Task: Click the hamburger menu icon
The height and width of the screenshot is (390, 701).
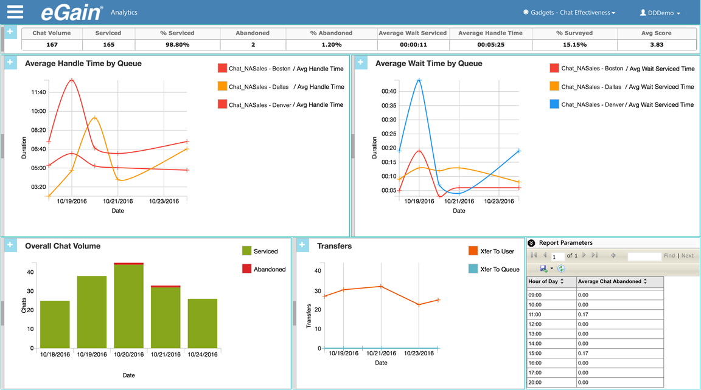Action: click(x=15, y=12)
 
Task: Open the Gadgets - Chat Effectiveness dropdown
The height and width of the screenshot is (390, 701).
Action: click(x=569, y=13)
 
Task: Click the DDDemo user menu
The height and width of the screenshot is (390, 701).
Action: click(x=660, y=13)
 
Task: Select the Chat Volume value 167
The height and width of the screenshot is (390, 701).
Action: click(x=51, y=44)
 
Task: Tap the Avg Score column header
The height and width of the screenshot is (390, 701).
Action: click(x=656, y=33)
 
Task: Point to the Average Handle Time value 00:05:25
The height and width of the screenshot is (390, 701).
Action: click(x=490, y=44)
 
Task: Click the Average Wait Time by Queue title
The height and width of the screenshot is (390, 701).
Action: click(x=428, y=63)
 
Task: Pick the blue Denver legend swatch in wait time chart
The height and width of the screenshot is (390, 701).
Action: click(x=554, y=104)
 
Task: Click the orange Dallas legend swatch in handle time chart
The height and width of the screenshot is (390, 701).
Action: click(x=223, y=87)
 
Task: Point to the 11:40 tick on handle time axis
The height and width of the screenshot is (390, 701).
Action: click(x=38, y=92)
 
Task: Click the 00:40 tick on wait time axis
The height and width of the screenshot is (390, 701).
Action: click(x=388, y=91)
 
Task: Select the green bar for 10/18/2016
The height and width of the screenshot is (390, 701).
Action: click(x=55, y=324)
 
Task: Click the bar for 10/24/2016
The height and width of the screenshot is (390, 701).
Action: click(x=203, y=323)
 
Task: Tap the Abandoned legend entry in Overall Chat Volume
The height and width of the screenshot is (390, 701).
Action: click(x=264, y=269)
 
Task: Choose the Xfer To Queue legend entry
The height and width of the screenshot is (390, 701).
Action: click(x=494, y=269)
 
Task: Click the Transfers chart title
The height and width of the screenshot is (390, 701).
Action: click(x=334, y=246)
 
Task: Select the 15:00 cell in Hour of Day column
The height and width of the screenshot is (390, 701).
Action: click(x=535, y=353)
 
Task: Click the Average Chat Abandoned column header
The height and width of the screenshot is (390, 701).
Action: click(x=611, y=281)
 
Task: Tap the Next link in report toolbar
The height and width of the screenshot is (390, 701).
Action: click(x=687, y=256)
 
